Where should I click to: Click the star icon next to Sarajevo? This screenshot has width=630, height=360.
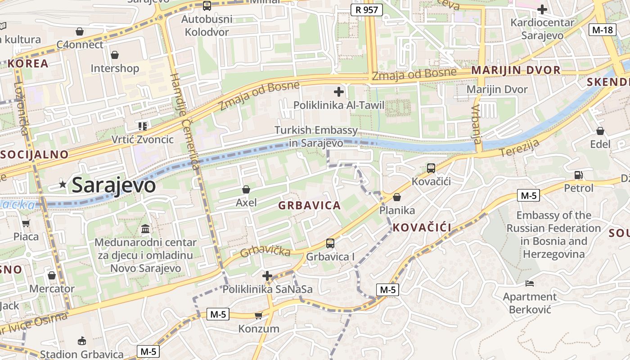pos(63,184)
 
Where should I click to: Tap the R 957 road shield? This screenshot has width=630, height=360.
pos(366,9)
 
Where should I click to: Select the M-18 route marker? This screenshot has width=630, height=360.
pos(602,30)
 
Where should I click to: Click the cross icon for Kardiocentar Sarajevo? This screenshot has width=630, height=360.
pos(542,9)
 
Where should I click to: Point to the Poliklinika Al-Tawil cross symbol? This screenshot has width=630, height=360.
pos(338,92)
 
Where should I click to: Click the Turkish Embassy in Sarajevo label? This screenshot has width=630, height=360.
pos(316,136)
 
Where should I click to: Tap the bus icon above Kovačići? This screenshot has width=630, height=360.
pos(431,168)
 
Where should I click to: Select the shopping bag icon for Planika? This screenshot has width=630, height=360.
pos(396,197)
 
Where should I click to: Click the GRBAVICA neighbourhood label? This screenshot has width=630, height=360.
pos(309,206)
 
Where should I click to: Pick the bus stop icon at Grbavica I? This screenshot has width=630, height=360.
pos(330,243)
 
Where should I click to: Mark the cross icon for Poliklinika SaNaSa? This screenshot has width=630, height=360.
pos(267,275)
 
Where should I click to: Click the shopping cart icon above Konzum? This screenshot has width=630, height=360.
pos(258,315)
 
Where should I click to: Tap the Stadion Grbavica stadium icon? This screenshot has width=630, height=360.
pos(81,341)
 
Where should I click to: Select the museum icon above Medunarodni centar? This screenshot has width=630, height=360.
pos(145,229)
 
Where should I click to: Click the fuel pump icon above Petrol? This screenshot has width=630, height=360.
pos(578,175)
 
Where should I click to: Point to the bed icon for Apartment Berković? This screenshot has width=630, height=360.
pos(530,283)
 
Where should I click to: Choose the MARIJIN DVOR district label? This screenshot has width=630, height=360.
pos(516,70)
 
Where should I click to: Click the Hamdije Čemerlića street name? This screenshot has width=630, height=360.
pos(185,121)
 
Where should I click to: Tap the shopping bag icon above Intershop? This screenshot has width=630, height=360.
pos(115,55)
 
